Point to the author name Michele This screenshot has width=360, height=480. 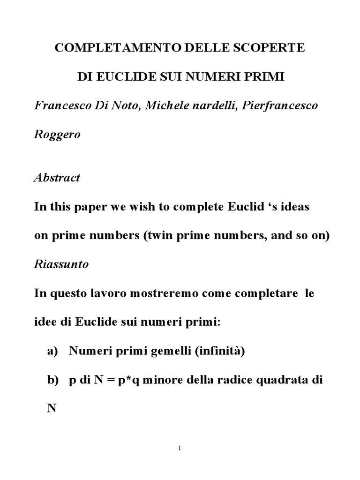(x=167, y=105)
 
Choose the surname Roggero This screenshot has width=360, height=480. (x=57, y=135)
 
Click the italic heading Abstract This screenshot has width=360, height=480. (x=57, y=178)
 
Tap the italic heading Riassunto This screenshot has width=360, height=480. (x=61, y=264)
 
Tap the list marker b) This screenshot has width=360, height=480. (x=52, y=380)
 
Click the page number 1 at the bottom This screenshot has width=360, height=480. (x=180, y=448)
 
